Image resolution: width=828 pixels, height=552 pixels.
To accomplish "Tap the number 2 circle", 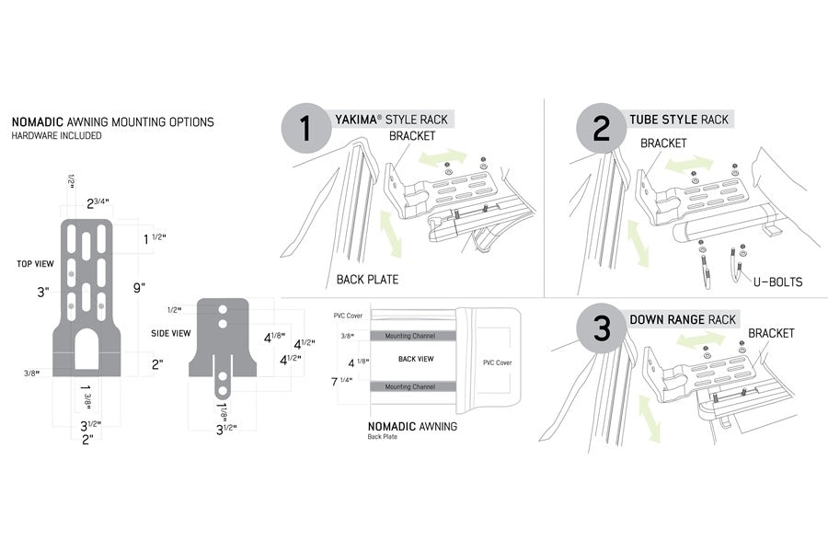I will [600, 128].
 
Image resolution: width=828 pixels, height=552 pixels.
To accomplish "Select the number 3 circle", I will [603, 329].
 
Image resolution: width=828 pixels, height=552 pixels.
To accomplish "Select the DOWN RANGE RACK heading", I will [683, 319].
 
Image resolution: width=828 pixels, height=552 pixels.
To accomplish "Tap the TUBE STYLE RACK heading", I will [679, 120].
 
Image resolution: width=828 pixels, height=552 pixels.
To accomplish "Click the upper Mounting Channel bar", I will [410, 337].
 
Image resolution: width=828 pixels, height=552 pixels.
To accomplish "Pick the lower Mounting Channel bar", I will [410, 386].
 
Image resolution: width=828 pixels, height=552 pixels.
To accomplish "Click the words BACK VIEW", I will [416, 359].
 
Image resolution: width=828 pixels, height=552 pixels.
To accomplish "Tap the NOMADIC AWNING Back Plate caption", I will [411, 429].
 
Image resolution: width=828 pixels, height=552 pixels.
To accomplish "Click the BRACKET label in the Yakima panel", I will [411, 135].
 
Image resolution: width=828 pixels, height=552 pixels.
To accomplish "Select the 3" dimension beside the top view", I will [42, 293].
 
